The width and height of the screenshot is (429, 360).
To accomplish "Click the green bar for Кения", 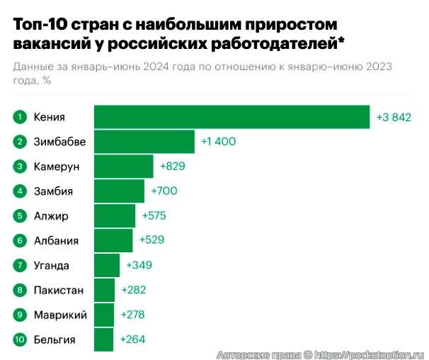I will point(231,117).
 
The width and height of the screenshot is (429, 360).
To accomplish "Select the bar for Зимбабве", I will point(144,142).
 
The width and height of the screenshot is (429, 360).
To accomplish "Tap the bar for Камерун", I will point(123,167).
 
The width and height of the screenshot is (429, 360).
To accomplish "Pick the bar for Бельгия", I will point(103,339).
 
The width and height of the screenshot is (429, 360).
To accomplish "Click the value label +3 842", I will point(394,117).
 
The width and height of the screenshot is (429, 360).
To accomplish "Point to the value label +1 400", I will point(218,142).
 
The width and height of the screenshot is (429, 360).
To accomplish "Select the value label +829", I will point(173,167).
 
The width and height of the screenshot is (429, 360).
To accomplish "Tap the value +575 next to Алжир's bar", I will point(154,216).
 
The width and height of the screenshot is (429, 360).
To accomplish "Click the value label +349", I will point(139,266).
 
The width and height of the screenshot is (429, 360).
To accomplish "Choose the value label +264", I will point(132,339).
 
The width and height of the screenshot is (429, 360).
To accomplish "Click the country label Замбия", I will point(53,191).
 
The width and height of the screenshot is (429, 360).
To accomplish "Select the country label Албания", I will point(56,241).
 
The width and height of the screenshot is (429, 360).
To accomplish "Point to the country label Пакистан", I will point(59,291).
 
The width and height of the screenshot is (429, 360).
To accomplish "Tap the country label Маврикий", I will point(60,315).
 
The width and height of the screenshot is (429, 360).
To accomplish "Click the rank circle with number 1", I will point(21,117).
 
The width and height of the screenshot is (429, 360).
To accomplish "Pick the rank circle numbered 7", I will point(21,266).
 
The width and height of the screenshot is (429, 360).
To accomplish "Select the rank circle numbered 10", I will point(21,339).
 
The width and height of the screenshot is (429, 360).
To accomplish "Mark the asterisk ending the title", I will point(342,43).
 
